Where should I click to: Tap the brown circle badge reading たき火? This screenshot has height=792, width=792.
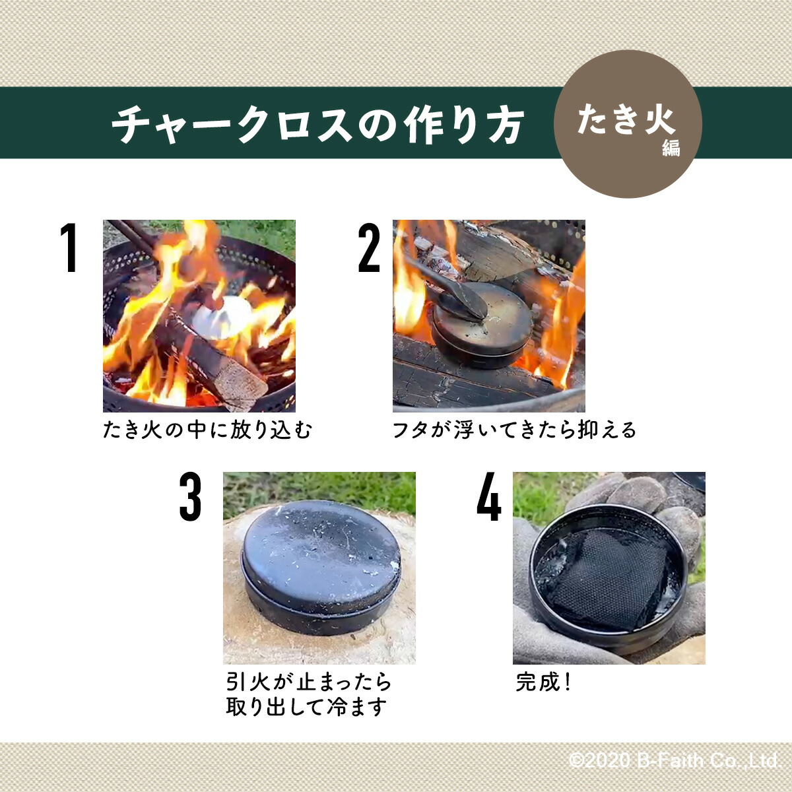click(x=627, y=124)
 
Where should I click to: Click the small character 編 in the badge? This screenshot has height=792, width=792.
click(x=671, y=148)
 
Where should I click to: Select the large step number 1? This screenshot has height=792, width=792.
click(x=68, y=248)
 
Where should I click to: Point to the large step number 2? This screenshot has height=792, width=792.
click(x=370, y=248)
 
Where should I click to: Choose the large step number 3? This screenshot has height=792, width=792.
click(x=190, y=498)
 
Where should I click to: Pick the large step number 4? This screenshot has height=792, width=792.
click(x=489, y=498)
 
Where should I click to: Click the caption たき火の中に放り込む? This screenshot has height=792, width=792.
click(x=207, y=431)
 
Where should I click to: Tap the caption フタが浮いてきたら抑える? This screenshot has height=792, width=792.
click(x=514, y=431)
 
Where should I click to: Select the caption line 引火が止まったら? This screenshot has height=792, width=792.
click(x=309, y=681)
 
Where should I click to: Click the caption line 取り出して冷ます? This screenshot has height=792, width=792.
click(x=306, y=707)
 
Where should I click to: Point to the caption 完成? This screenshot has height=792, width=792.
click(x=543, y=682)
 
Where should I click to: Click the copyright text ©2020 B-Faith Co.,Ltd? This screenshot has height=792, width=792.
click(x=674, y=760)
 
